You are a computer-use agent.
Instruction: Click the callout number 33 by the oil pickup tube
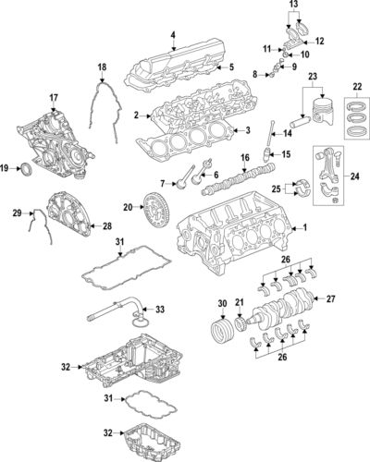click(x=160, y=309)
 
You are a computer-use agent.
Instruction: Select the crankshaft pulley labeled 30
click(x=222, y=334)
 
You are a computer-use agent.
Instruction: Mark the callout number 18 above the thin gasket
click(x=103, y=67)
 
